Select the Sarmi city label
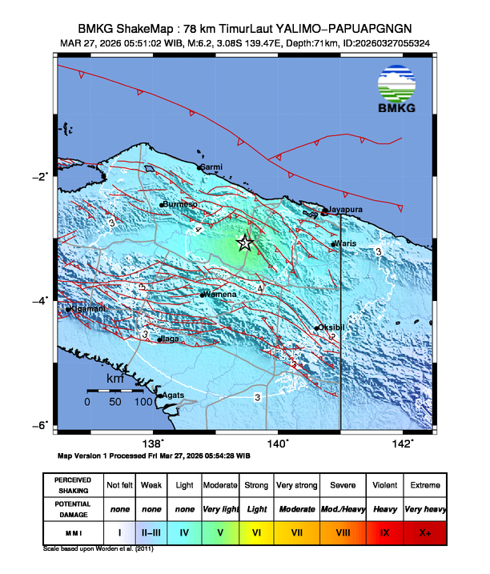[x=211, y=167]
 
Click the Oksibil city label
[x=332, y=327]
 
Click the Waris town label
[x=346, y=243]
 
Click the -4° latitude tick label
[x=42, y=300]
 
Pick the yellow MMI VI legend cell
[x=257, y=532]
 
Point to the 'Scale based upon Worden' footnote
[x=97, y=549]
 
